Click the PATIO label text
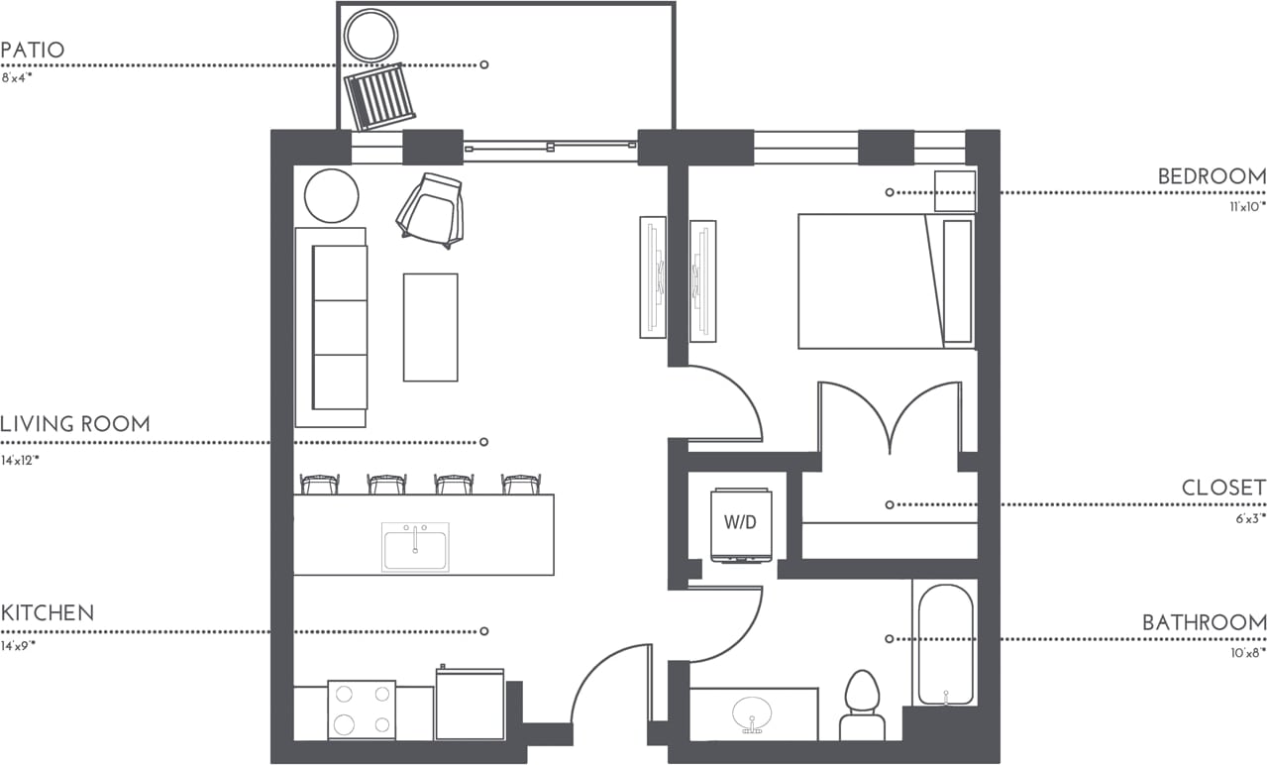[33, 50]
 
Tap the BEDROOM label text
[1212, 176]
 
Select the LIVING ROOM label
[75, 424]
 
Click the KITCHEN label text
[48, 613]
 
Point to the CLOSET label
[1223, 488]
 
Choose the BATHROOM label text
[1204, 623]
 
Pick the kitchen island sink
[415, 547]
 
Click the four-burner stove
[362, 710]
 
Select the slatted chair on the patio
[379, 97]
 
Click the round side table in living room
[331, 196]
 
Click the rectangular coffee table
[430, 327]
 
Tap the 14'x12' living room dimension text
[20, 461]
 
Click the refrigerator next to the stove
[470, 705]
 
